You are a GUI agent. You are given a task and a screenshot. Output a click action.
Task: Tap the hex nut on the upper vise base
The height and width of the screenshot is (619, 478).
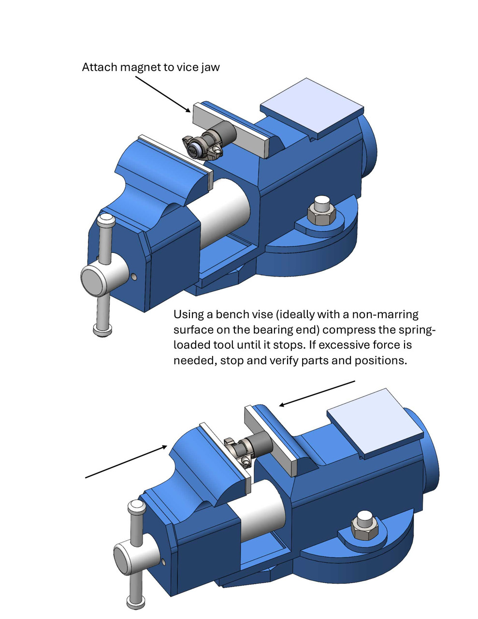tap(321, 211)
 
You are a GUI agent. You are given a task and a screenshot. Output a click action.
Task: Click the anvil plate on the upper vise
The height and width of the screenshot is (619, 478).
tap(311, 108)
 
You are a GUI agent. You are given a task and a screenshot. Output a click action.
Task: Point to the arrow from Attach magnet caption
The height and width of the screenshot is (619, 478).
tap(162, 93)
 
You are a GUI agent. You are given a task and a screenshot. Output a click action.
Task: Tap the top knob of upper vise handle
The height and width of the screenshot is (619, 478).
tap(106, 222)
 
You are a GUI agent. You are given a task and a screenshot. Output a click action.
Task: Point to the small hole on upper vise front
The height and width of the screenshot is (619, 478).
tap(134, 277)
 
